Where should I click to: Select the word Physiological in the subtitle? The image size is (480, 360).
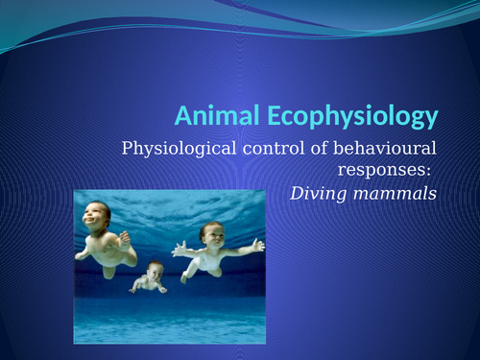point(175,149)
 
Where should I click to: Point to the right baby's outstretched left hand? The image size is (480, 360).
point(255,247)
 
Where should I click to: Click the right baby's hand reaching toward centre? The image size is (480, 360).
point(177,251)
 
